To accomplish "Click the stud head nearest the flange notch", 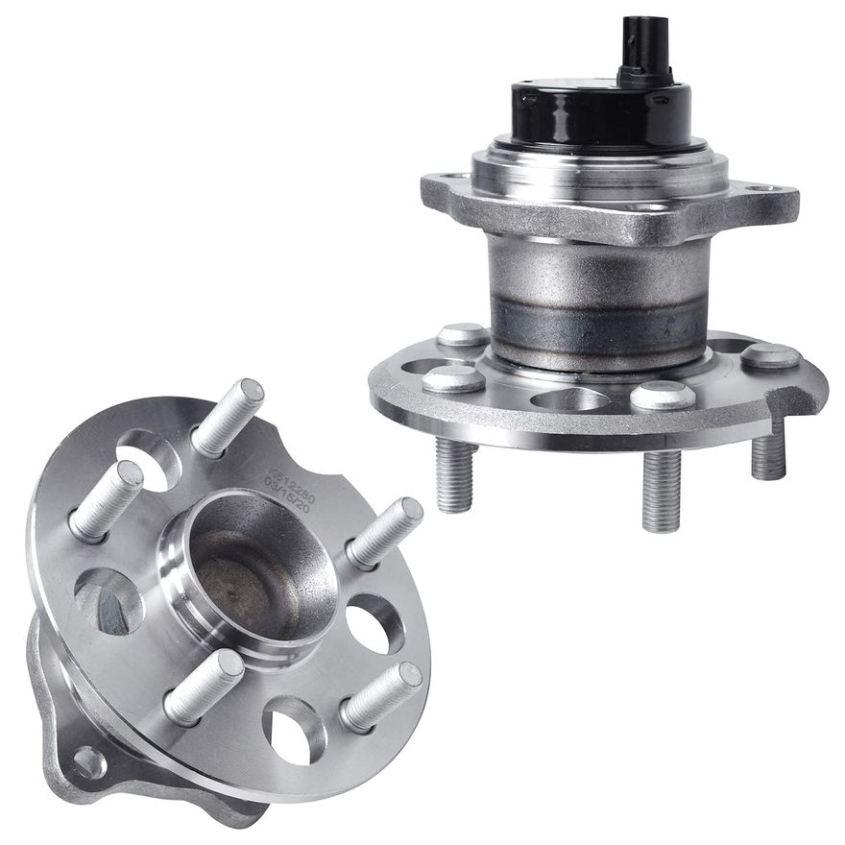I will pyautogui.click(x=770, y=356).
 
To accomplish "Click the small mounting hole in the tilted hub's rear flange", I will pyautogui.click(x=89, y=762).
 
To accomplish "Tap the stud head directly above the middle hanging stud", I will pyautogui.click(x=663, y=394).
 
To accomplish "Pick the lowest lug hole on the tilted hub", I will pyautogui.click(x=294, y=729).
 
